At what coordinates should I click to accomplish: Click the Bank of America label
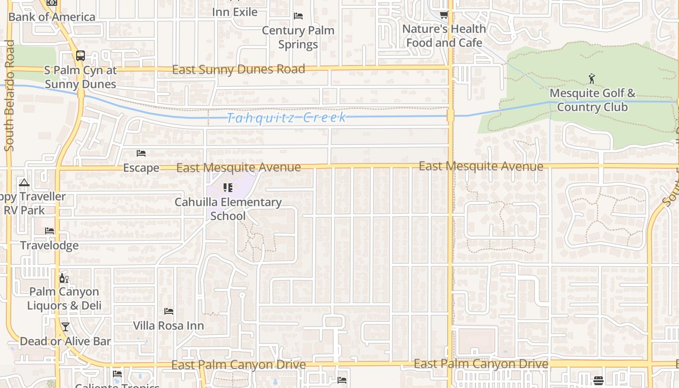pos(52,17)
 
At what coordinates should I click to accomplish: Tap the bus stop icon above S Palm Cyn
pos(81,55)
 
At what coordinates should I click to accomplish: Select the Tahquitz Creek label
pos(286,118)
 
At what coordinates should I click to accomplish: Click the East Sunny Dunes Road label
pos(239,69)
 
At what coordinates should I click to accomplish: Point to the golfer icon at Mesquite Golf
pos(592,78)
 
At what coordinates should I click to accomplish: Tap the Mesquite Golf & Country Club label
pos(592,100)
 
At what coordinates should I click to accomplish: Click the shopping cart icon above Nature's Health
pos(444,15)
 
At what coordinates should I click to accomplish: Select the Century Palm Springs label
pos(298,37)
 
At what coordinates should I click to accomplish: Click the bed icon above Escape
pos(141,153)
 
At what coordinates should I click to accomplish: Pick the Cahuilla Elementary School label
pos(228,209)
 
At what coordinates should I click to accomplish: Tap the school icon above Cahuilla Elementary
pos(228,188)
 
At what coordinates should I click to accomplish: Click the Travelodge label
pos(49,245)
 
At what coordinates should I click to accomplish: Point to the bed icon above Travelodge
pos(49,231)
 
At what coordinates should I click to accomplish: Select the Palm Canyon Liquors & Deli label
pos(64,298)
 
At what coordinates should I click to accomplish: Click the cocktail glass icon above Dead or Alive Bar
pos(65,327)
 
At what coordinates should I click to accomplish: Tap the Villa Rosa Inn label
pos(168,325)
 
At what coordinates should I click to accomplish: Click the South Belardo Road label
pos(9,96)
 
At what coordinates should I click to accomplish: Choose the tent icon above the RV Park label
pos(24,183)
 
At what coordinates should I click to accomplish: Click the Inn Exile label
pos(235,12)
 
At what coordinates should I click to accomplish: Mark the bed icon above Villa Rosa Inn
pos(169,311)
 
